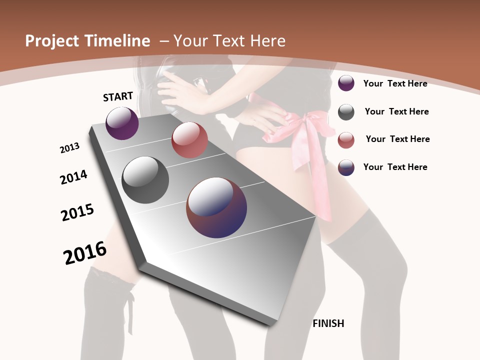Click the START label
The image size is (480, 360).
[118, 96]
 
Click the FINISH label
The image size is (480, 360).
[328, 323]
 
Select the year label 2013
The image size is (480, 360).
[69, 148]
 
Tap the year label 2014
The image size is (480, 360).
[73, 177]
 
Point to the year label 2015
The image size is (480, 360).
[77, 212]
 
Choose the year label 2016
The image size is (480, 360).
[85, 253]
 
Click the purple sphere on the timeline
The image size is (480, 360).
[122, 123]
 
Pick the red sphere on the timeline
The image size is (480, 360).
[189, 140]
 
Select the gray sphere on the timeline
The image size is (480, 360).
[145, 179]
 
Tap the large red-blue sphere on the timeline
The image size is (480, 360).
[216, 207]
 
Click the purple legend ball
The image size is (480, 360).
[346, 83]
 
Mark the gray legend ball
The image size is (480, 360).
[346, 112]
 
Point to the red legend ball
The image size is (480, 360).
[346, 140]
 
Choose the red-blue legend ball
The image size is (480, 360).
[346, 167]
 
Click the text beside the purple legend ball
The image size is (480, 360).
[395, 83]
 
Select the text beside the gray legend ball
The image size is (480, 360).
[396, 111]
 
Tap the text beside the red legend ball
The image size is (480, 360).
[397, 139]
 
